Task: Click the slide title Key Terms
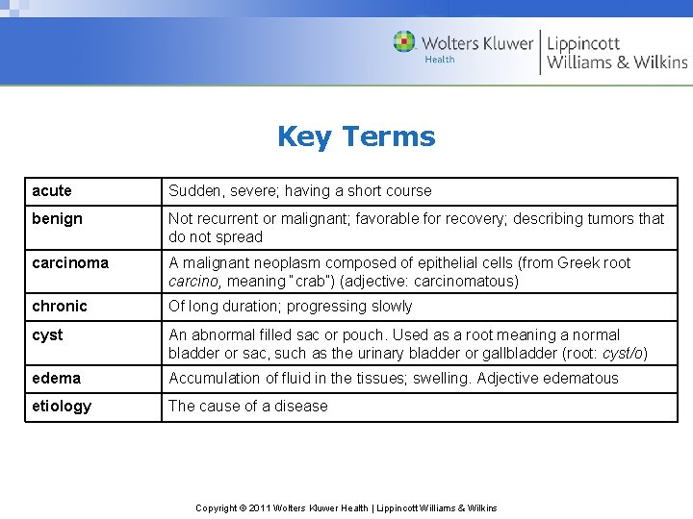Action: pos(356,136)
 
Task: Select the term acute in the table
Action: pos(52,190)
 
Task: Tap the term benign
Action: pos(57,218)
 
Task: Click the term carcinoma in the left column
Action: pos(70,262)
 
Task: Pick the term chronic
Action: pos(60,306)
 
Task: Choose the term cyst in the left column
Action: pos(47,334)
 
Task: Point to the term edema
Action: pos(56,378)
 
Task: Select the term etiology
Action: pos(62,406)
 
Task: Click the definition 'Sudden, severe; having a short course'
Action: pos(300,190)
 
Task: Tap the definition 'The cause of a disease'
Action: pos(248,406)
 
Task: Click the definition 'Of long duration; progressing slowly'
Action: pos(291,306)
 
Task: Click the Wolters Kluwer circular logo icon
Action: pos(404,41)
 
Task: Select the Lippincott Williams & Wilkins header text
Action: pos(617,52)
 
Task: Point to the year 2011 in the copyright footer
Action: pos(260,507)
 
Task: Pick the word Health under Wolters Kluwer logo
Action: pos(440,60)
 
